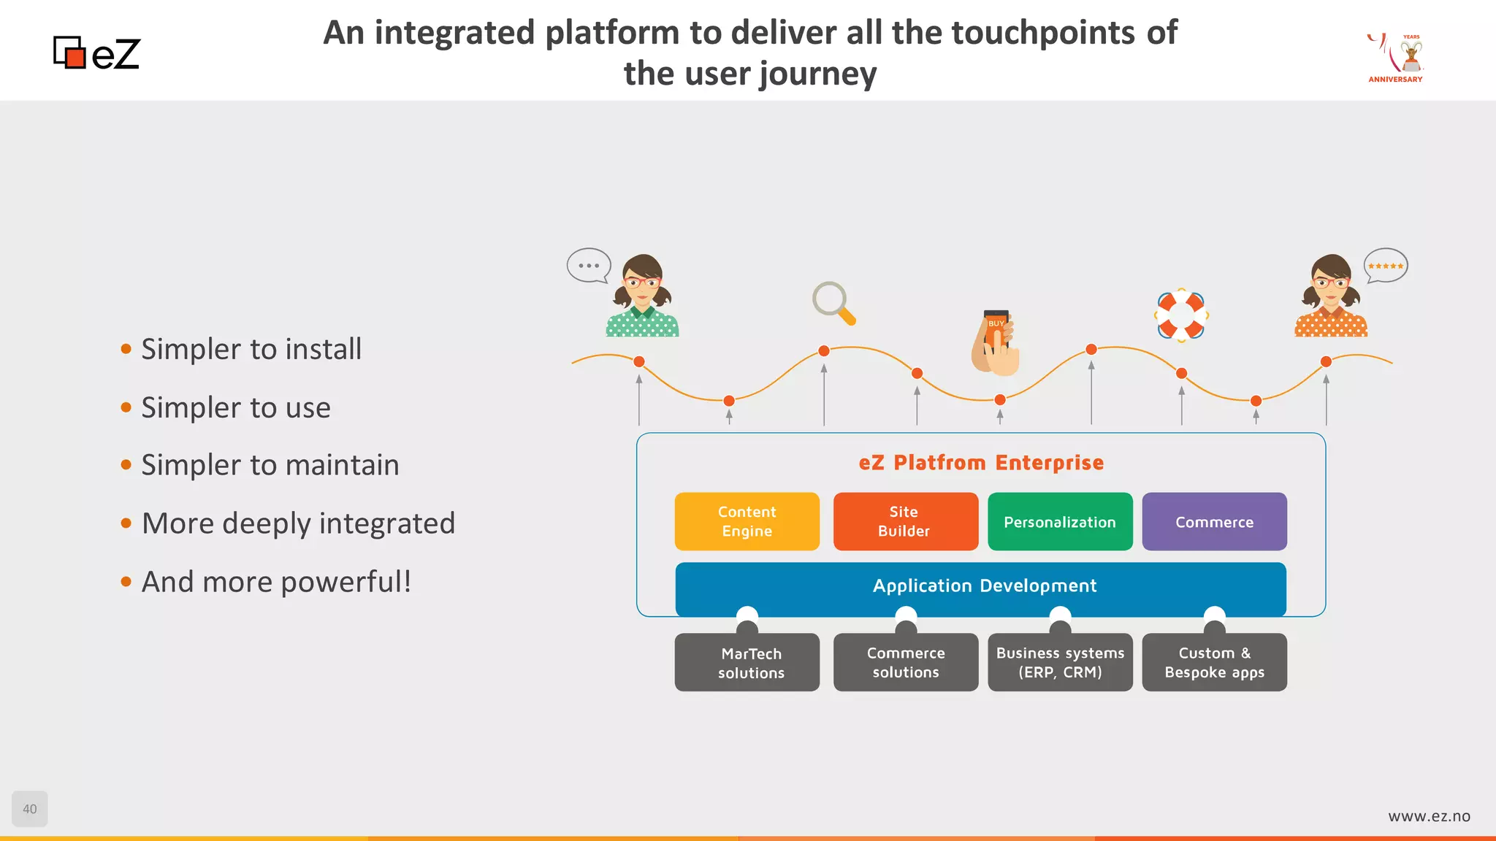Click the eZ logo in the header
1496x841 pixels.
coord(96,53)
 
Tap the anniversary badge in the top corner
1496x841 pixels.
coord(1395,58)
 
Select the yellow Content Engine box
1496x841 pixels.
coord(747,521)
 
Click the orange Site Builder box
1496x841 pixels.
coord(905,521)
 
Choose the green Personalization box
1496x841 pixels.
coord(1060,521)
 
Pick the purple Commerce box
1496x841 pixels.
coord(1214,521)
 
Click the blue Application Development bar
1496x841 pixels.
coord(981,586)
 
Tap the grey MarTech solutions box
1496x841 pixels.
coord(747,663)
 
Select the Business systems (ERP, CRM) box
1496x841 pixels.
coord(1060,663)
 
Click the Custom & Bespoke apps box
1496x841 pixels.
coord(1214,663)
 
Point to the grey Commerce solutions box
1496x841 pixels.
coord(905,663)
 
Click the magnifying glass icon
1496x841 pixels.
coord(833,302)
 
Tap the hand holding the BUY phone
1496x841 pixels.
coord(996,342)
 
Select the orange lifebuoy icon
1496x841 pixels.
coord(1181,315)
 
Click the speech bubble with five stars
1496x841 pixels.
coord(1386,266)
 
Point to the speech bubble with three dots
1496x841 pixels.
coord(589,266)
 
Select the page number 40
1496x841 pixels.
coord(30,809)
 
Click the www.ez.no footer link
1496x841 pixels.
coord(1429,816)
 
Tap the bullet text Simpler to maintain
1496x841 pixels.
coord(270,465)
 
